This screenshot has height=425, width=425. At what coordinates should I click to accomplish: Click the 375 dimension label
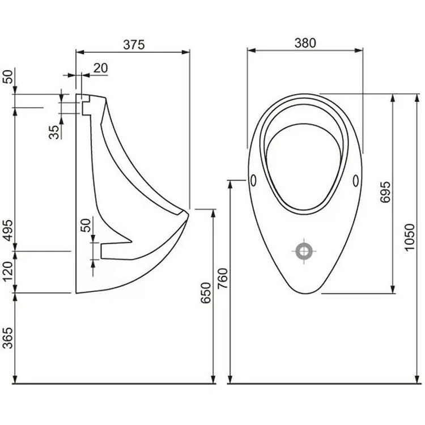coord(134,45)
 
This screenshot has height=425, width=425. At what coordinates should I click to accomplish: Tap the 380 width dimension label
coord(305,43)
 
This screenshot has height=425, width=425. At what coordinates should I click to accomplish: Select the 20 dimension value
coord(100,68)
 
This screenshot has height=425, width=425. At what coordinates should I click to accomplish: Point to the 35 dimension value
coord(54,132)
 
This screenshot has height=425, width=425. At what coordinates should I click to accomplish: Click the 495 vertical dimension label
coord(8,230)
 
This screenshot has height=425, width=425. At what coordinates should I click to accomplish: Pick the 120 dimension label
coord(8,271)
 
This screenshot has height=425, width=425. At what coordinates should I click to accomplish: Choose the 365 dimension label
coord(8,338)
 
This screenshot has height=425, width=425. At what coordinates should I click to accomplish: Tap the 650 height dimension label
coord(206,293)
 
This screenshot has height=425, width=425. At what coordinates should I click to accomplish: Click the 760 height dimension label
coord(223,278)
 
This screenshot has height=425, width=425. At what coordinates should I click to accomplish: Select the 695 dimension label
coord(385,192)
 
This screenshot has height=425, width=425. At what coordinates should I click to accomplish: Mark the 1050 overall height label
coord(409,237)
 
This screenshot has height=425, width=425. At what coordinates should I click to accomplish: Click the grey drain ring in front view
coord(304,251)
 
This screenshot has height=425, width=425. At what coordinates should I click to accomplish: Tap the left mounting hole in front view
coord(253,180)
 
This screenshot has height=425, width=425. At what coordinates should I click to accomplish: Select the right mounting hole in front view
coord(356,181)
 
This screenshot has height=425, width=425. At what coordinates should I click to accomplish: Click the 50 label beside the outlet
coord(86,225)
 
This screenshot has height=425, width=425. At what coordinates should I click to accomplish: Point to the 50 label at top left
coord(8,76)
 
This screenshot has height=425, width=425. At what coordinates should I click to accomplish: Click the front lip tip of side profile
coord(188,213)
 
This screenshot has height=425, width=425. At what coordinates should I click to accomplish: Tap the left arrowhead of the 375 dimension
coord(80,52)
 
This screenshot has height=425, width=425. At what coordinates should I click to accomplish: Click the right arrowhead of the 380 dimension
coord(359,50)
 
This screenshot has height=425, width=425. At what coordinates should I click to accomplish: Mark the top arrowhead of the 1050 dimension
coord(418,98)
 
